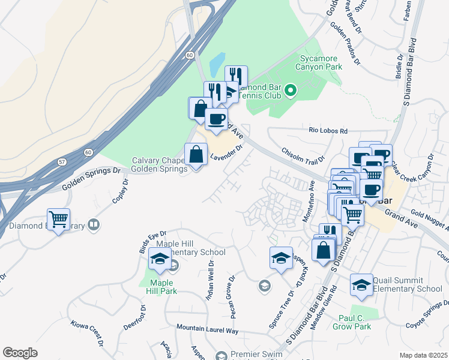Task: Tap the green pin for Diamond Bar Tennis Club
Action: tap(291, 91)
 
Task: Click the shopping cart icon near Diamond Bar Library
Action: tap(58, 220)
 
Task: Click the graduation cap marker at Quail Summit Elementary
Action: tap(361, 285)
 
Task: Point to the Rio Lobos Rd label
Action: tap(328, 130)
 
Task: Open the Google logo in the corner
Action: tap(20, 353)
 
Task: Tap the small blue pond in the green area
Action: tap(217, 62)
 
